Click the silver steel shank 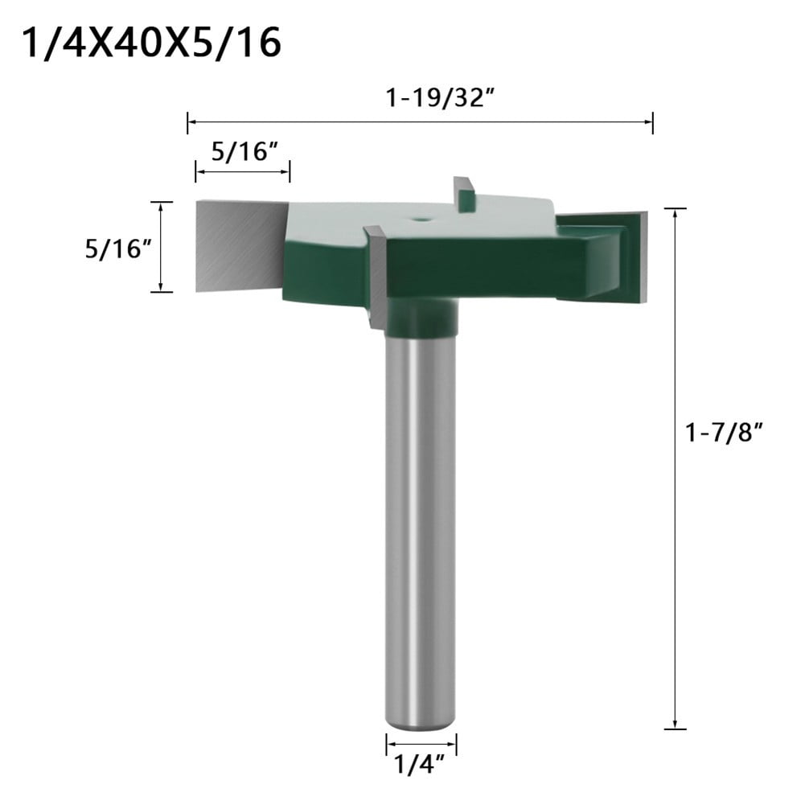[x=421, y=523]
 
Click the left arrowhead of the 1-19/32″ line [x=190, y=122]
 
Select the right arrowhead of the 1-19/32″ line [x=650, y=122]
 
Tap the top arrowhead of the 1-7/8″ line [x=675, y=212]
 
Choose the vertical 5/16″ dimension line [x=162, y=246]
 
